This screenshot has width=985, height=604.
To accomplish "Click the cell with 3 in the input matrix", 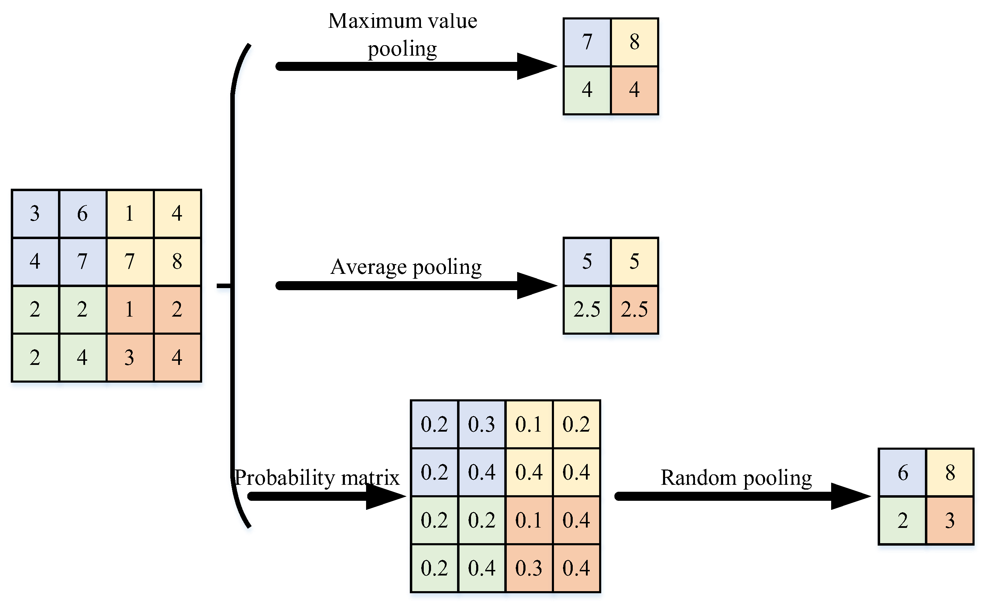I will coord(35,214).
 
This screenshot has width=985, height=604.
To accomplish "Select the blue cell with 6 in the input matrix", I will coord(82,214).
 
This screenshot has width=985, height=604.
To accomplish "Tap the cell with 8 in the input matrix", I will coord(177,262).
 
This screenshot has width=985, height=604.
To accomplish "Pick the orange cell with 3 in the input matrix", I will coord(130,357).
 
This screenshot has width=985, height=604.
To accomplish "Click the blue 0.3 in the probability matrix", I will coord(481,424).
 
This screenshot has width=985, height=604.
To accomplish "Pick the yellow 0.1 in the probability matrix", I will coord(529,424).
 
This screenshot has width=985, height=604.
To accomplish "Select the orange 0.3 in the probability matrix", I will coord(529,568).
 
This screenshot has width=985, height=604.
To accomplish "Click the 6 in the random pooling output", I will coord(902,473).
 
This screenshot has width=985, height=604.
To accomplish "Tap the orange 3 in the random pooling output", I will coord(950,520).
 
